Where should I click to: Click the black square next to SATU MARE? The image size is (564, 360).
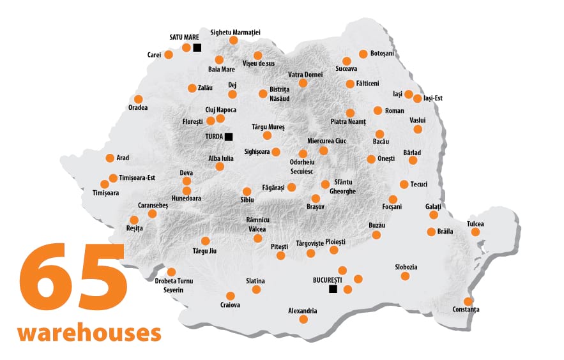(197, 48)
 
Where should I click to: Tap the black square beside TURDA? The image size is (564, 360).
(229, 136)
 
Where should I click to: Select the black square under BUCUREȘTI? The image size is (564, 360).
(333, 289)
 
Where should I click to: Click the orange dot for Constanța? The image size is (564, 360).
(468, 301)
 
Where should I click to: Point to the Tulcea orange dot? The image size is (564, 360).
(475, 232)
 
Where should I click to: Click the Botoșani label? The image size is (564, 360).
(382, 54)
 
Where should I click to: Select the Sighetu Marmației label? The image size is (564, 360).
(235, 33)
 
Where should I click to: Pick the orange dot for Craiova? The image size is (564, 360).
(231, 296)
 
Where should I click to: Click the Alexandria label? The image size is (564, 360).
(303, 311)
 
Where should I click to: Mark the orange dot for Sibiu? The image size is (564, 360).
(247, 191)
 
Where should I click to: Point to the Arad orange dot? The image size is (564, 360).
(109, 158)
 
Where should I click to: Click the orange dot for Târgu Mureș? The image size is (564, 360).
(267, 135)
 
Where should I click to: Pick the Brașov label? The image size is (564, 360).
(316, 207)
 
